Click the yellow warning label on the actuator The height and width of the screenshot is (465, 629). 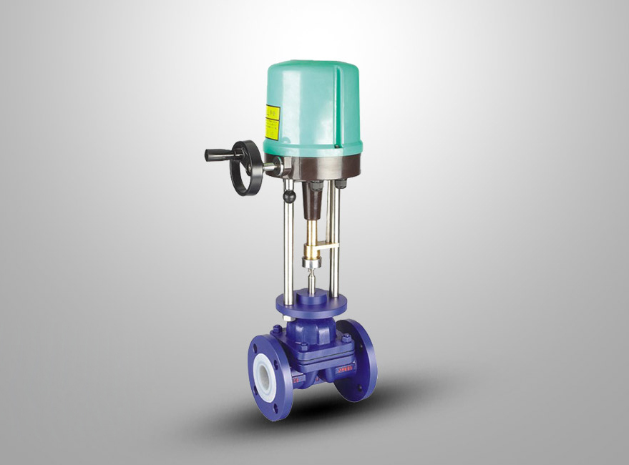click(272, 122)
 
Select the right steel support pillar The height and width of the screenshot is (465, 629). click(333, 236)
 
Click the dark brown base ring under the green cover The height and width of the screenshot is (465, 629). click(322, 167)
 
